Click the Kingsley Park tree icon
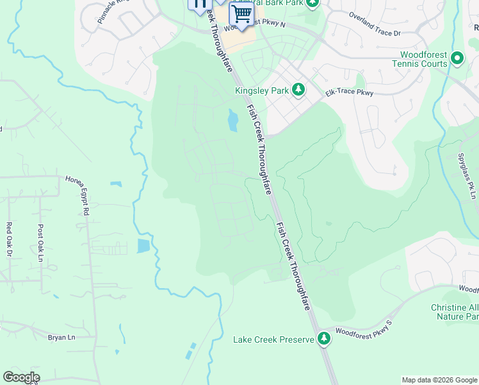tap(298, 90)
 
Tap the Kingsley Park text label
tap(262, 90)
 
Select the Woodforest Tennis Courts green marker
tap(457, 58)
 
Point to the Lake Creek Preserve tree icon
tap(325, 339)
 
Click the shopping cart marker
tap(241, 14)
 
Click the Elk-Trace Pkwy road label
tap(349, 93)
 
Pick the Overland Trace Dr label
tap(374, 23)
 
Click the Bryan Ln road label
tap(61, 336)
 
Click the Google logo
tap(21, 377)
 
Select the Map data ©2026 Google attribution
tap(439, 380)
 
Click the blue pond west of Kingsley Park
tap(232, 118)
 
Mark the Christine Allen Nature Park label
tap(455, 312)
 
